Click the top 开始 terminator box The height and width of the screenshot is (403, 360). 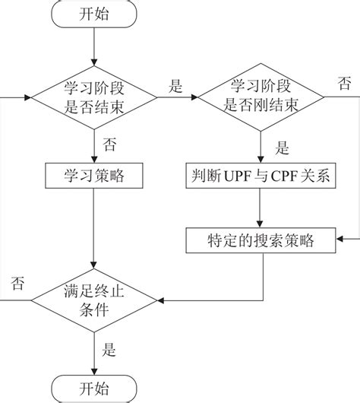92,14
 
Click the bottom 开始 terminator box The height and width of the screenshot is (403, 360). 92,387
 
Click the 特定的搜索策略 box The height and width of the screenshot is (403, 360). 261,241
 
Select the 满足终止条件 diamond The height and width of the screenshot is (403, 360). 92,300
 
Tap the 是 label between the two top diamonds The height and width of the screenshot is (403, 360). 176,87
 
